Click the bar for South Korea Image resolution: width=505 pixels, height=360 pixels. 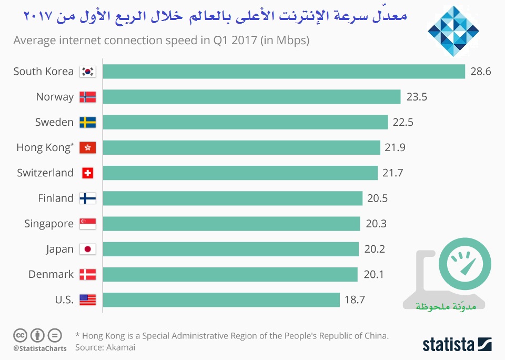[284, 72]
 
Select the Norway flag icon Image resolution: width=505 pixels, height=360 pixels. [87, 97]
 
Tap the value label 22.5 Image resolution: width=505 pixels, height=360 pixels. [403, 122]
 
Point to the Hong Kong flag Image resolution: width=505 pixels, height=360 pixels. [87, 148]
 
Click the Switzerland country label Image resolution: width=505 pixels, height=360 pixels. [45, 173]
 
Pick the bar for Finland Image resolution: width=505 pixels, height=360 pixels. [233, 198]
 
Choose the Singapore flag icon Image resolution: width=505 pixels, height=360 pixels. [87, 224]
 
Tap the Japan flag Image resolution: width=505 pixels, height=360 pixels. [87, 249]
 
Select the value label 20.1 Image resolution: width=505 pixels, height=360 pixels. [373, 274]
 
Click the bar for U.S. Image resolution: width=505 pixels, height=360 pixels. [221, 300]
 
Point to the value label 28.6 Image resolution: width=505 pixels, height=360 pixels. [480, 72]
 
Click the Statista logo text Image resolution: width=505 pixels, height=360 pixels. [448, 345]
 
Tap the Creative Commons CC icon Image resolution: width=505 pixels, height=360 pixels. [21, 335]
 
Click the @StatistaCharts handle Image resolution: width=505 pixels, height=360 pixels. [39, 348]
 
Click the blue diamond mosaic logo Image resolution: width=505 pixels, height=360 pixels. [453, 31]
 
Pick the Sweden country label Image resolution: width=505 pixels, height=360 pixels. [54, 122]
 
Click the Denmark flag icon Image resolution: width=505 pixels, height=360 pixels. [87, 274]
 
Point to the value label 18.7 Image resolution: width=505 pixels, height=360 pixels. [355, 300]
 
